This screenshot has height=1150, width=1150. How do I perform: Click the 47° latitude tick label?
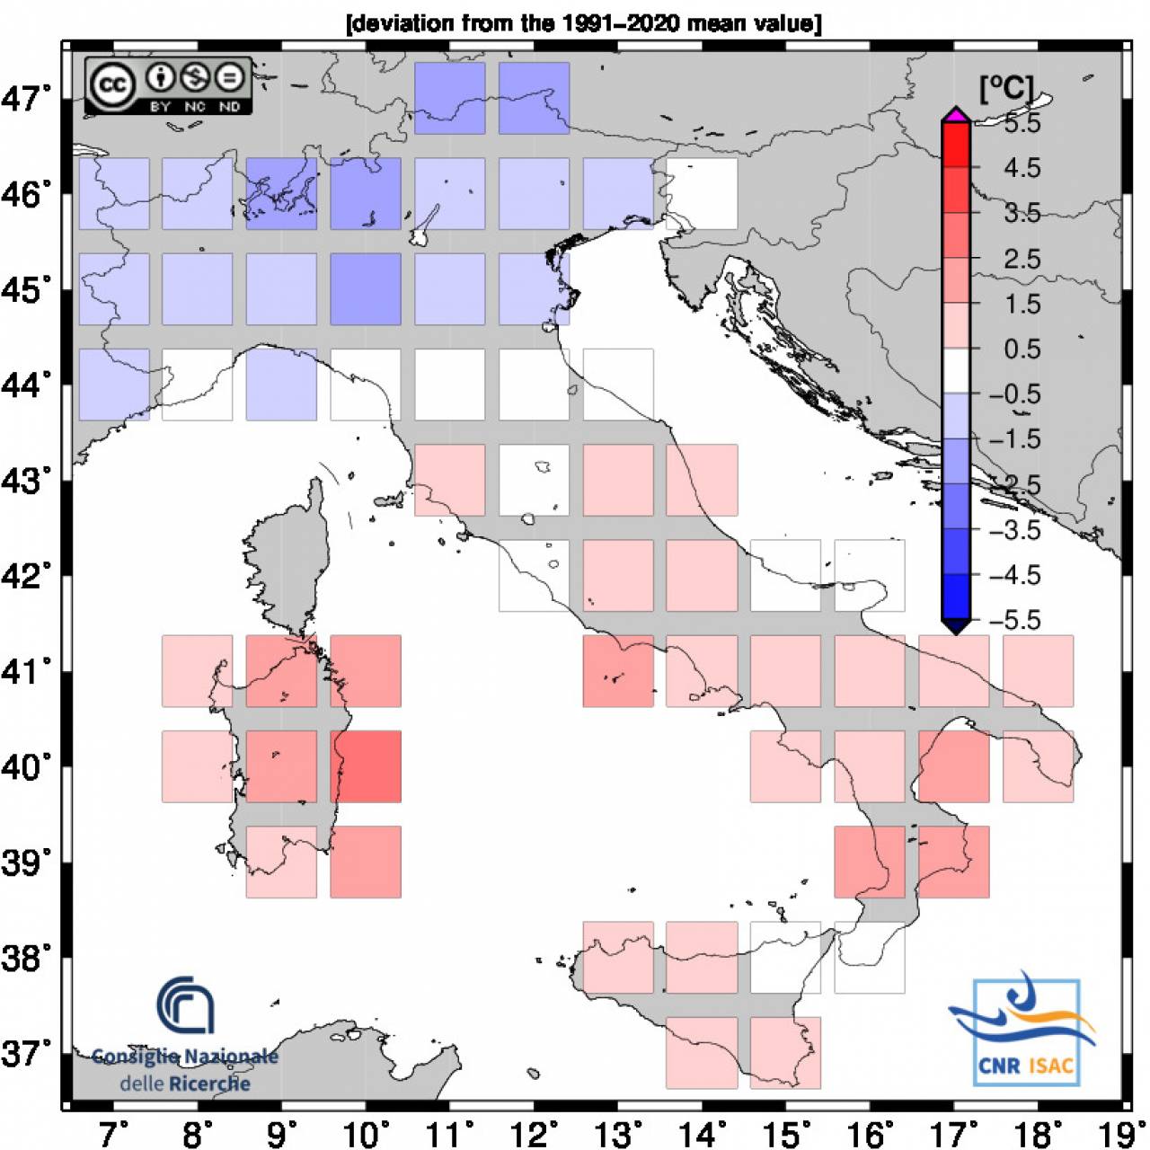25,98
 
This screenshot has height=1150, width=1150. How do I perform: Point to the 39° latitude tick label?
25,862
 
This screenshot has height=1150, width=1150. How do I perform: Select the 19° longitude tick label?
1114,1134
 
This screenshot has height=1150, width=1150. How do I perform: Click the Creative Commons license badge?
169,85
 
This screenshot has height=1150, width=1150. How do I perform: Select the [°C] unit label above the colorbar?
1006,88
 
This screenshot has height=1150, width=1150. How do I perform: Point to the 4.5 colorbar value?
1022,168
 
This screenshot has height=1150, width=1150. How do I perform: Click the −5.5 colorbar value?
1014,620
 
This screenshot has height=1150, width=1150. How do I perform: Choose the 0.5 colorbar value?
1022,349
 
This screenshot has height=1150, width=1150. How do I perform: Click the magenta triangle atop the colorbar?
956,113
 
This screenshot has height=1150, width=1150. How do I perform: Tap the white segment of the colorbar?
956,370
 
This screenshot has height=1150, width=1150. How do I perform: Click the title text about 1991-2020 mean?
584,23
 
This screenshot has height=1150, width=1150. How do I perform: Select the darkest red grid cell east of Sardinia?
366,766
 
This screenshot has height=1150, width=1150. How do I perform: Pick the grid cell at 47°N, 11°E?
450,98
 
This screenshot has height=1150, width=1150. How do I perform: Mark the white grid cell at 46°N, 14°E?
702,194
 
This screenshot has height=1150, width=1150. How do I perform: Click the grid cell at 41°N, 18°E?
1039,671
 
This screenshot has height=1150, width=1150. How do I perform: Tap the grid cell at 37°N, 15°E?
785,1053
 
